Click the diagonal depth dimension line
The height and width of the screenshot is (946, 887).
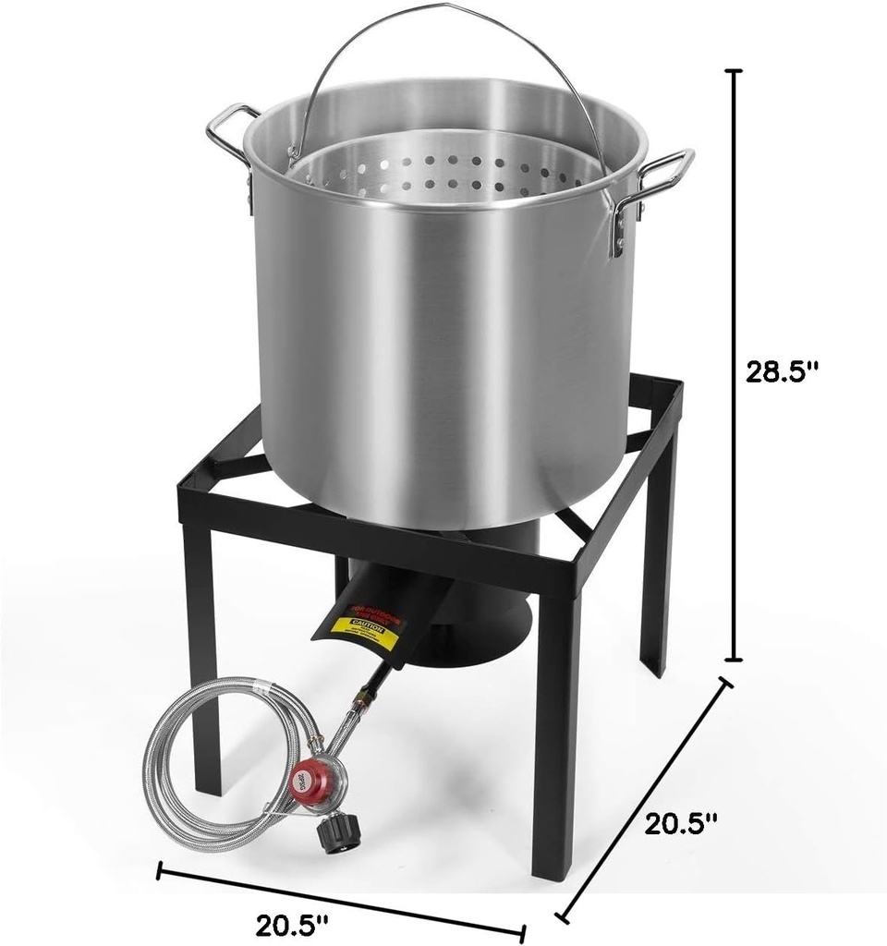(644, 799)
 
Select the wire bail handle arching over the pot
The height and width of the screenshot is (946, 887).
(443, 37)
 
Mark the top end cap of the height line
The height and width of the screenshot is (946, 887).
(735, 70)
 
